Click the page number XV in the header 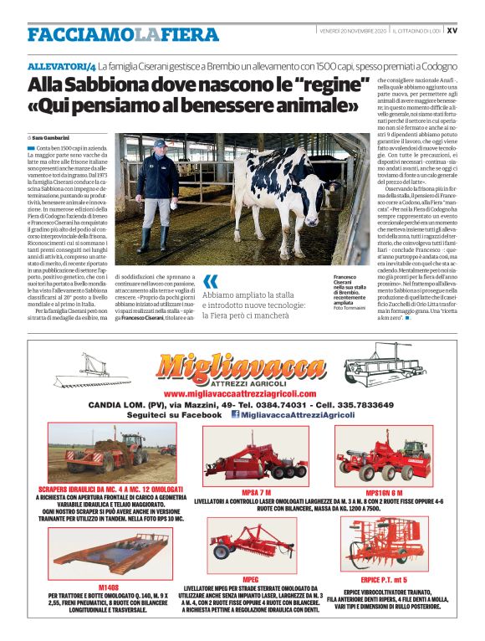pyautogui.click(x=452, y=30)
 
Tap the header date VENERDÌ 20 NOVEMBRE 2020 pyautogui.click(x=353, y=30)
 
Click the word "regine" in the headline pyautogui.click(x=337, y=85)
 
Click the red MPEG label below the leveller pyautogui.click(x=250, y=579)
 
